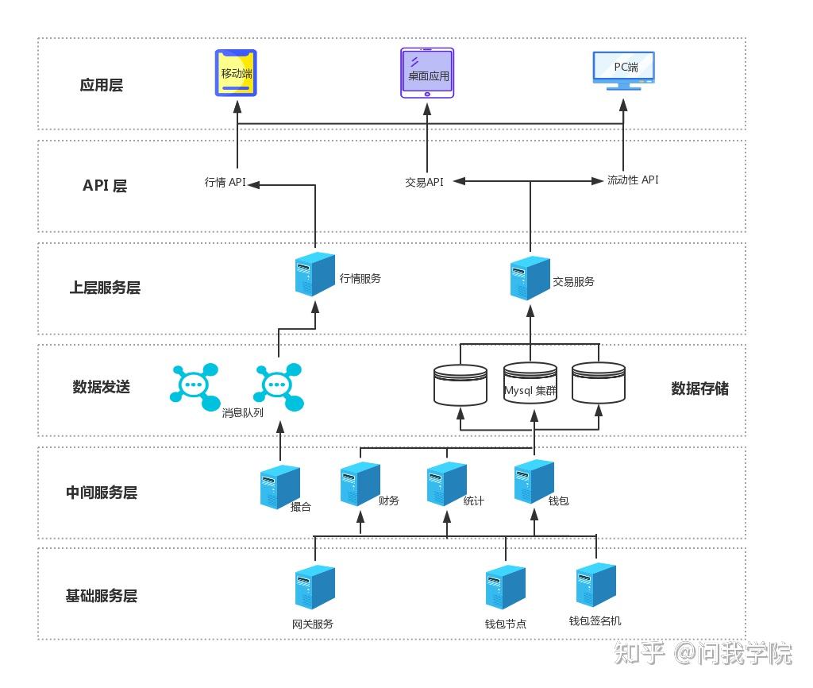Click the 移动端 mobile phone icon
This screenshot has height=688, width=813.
(x=237, y=73)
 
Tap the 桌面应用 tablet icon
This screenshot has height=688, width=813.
(x=427, y=73)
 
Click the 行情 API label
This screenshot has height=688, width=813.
(x=225, y=183)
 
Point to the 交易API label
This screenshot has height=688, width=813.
(x=424, y=182)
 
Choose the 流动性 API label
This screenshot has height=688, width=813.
(x=633, y=180)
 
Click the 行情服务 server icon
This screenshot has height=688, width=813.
(x=314, y=273)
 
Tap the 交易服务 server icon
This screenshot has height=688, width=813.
(x=530, y=277)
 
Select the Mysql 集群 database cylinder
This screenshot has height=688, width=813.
(x=530, y=384)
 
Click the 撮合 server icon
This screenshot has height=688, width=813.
(x=279, y=486)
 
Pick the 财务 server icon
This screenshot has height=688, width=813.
(x=360, y=484)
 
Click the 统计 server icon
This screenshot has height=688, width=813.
(x=445, y=484)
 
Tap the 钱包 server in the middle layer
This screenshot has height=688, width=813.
(x=534, y=482)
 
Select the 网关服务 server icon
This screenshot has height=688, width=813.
(x=314, y=587)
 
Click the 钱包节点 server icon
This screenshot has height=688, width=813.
(x=506, y=587)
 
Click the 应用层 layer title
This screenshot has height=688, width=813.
(x=102, y=85)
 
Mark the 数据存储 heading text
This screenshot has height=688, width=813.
(x=699, y=388)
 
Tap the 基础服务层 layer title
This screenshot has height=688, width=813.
(x=102, y=596)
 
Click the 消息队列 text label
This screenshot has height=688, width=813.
(x=243, y=414)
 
